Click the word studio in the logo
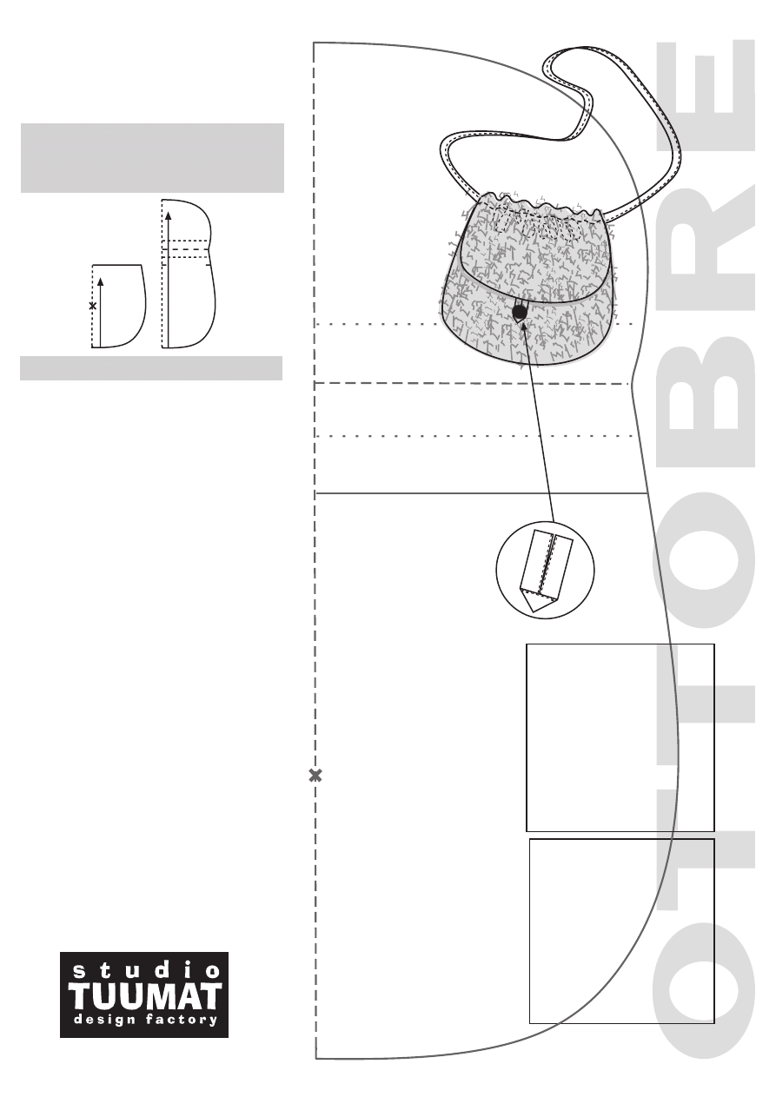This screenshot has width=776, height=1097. [x=143, y=969]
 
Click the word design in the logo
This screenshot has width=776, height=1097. [x=102, y=1021]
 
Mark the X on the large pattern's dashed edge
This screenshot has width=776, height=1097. [x=315, y=776]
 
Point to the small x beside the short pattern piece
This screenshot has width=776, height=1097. [x=93, y=306]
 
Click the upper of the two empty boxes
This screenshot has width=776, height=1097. [x=620, y=737]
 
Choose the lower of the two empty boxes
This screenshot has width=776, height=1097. [x=621, y=931]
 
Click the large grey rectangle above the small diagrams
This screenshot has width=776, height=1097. [x=152, y=157]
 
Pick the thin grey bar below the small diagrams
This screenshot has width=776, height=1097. [x=151, y=368]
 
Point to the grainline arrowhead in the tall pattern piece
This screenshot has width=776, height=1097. [x=169, y=213]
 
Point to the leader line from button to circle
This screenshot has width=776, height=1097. [x=539, y=426]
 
